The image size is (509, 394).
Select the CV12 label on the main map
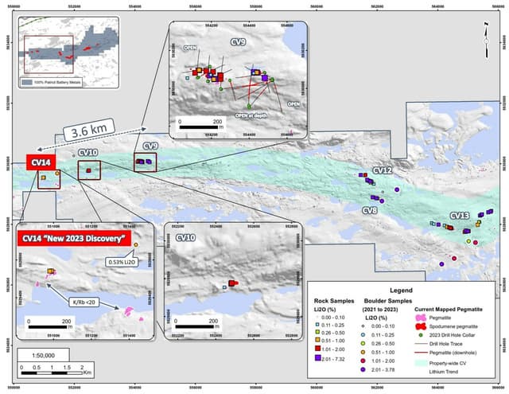click(x=383, y=171)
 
